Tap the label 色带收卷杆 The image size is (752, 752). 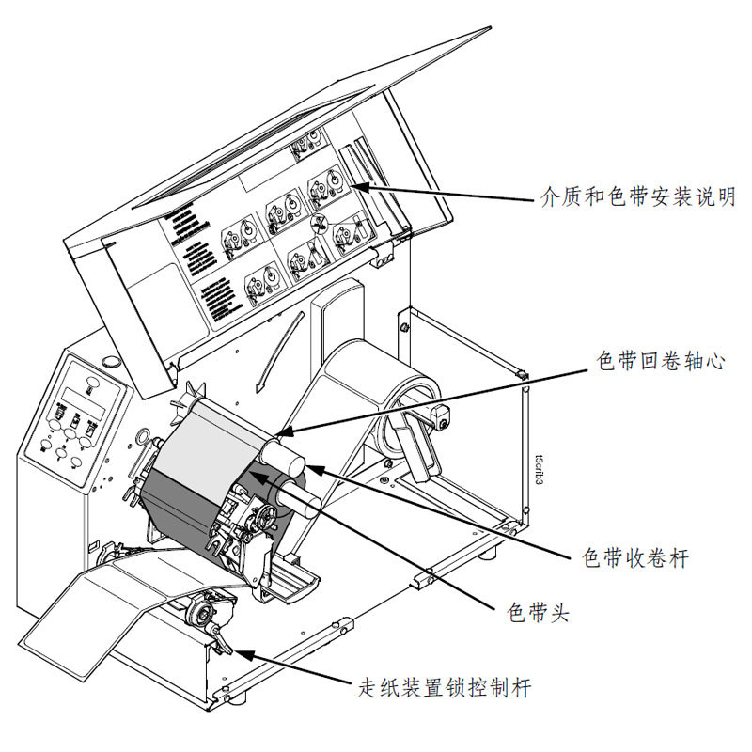pyautogui.click(x=635, y=558)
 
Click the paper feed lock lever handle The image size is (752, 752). pyautogui.click(x=222, y=642)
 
